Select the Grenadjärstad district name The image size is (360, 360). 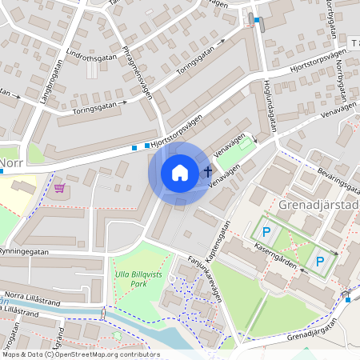tap(319, 205)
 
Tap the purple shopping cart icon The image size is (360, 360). tap(59, 189)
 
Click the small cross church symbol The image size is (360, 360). tap(208, 171)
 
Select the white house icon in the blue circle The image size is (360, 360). tap(180, 172)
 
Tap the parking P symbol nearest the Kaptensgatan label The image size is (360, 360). tap(266, 231)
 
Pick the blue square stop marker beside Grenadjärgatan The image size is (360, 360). tap(347, 299)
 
